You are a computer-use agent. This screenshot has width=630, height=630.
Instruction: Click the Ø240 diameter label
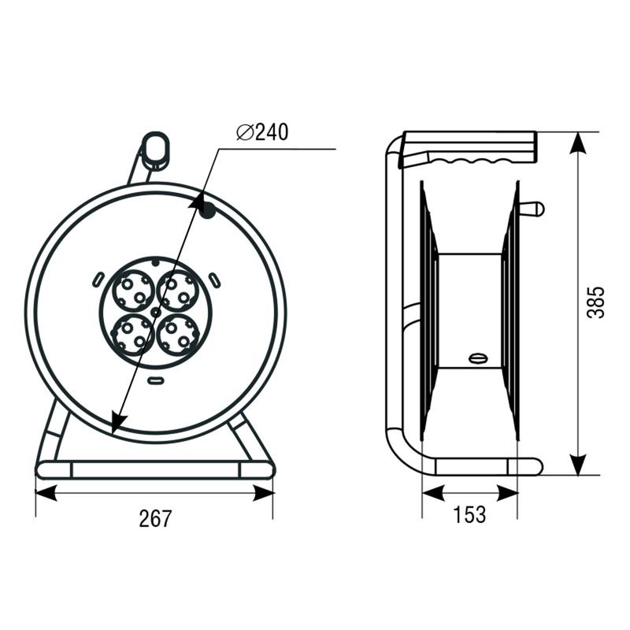262,132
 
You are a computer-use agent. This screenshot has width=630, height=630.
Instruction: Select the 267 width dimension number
155,518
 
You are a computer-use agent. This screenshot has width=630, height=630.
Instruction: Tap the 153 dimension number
469,515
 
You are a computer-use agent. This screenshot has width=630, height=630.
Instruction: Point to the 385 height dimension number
595,302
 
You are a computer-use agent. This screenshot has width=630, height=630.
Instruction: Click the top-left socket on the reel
133,291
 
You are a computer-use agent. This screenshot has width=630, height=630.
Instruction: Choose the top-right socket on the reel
178,291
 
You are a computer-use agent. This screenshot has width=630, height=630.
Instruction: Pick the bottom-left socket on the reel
133,335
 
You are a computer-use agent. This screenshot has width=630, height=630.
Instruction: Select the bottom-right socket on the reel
178,335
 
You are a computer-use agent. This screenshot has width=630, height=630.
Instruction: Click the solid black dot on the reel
207,210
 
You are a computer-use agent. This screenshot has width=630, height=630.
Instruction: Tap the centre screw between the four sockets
155,312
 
